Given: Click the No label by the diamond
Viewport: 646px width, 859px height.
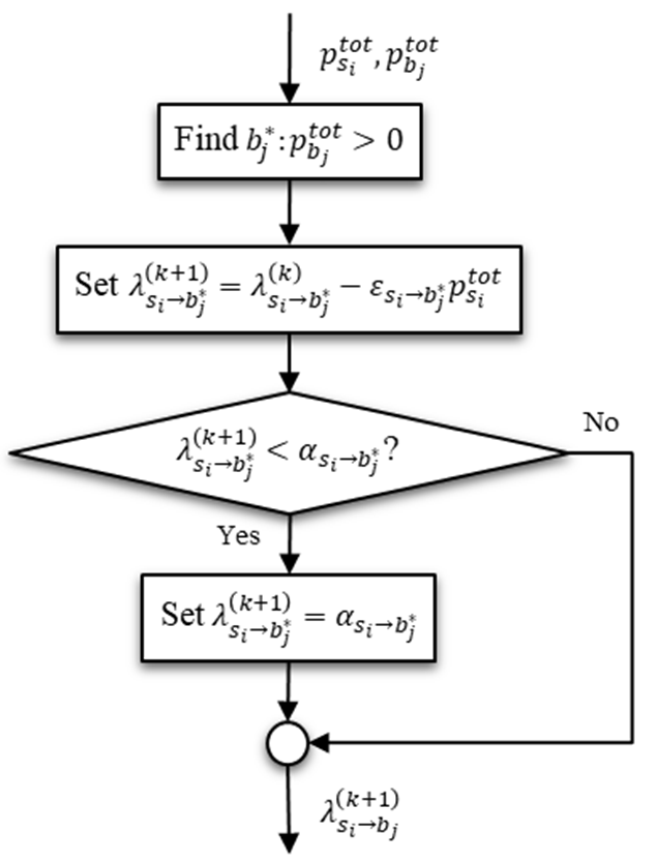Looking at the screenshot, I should (x=600, y=423).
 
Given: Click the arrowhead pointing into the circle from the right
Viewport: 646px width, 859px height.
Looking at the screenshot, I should (x=319, y=744).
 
